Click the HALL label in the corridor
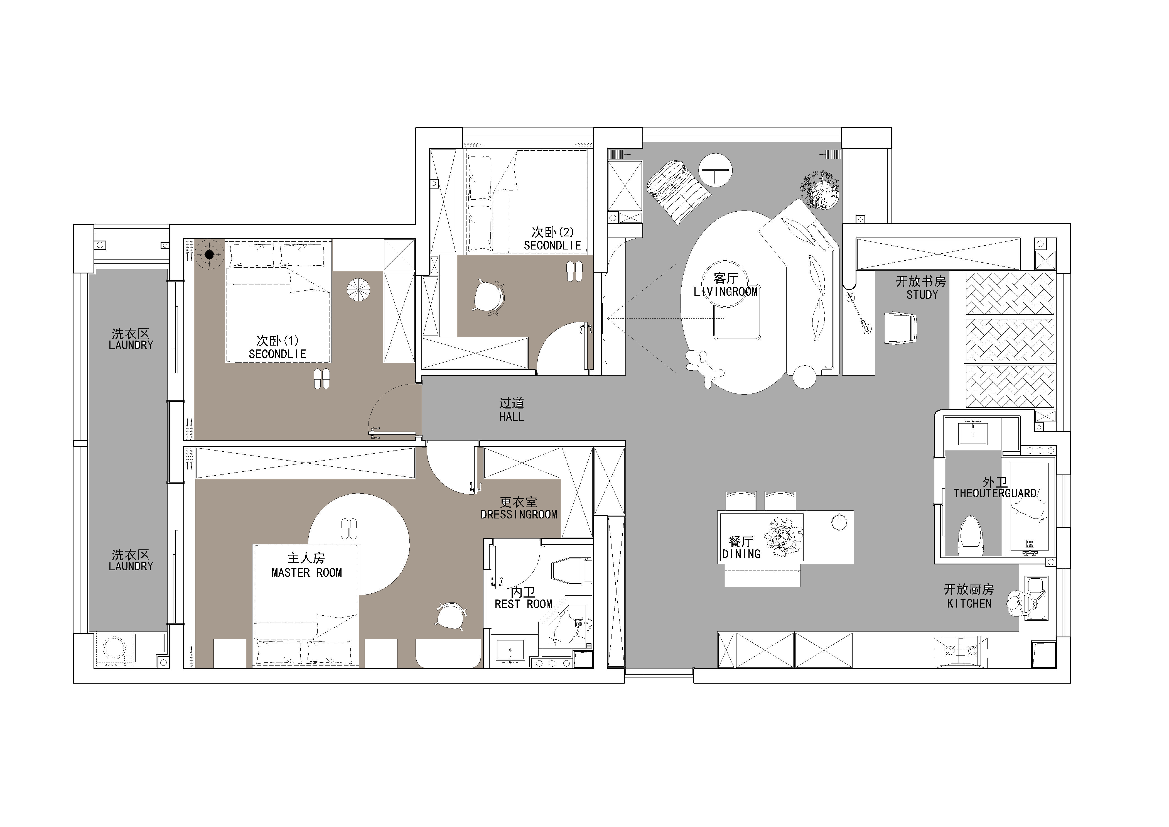(x=512, y=417)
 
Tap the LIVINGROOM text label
(x=726, y=292)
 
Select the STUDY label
(x=922, y=295)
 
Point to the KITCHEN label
(x=969, y=603)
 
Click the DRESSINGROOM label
(x=519, y=515)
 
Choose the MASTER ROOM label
(x=306, y=572)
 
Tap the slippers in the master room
(x=349, y=529)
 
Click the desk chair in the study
(x=900, y=329)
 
